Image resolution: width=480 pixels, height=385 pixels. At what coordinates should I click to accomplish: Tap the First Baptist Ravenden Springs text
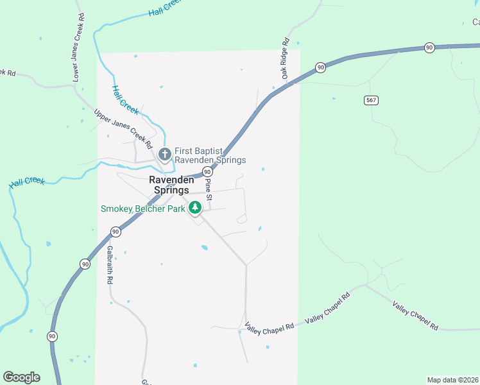coord(210,155)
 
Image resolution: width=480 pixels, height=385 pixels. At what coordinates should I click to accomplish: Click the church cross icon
coord(164,154)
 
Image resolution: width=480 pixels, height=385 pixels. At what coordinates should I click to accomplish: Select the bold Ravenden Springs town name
coord(169,185)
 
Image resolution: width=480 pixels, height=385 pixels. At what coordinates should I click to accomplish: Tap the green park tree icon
coord(195,207)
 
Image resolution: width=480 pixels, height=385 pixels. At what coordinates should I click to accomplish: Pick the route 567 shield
coord(371,100)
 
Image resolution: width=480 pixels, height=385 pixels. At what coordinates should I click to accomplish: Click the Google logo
coord(21,377)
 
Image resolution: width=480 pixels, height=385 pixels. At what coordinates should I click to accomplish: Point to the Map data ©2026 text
coord(453,380)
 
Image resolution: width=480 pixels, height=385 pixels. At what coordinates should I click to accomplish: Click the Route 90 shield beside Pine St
coord(207,172)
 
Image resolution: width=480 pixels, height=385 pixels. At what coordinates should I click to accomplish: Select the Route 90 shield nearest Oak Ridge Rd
coord(320,67)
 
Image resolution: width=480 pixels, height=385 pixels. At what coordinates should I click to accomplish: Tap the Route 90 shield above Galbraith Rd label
coord(116,232)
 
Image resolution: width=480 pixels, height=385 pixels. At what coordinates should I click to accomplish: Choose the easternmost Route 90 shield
coord(429,47)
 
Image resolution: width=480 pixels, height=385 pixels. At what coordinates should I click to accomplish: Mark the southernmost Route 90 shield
coord(52,336)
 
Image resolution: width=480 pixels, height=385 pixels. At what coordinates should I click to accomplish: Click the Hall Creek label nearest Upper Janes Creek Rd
coord(125,100)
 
